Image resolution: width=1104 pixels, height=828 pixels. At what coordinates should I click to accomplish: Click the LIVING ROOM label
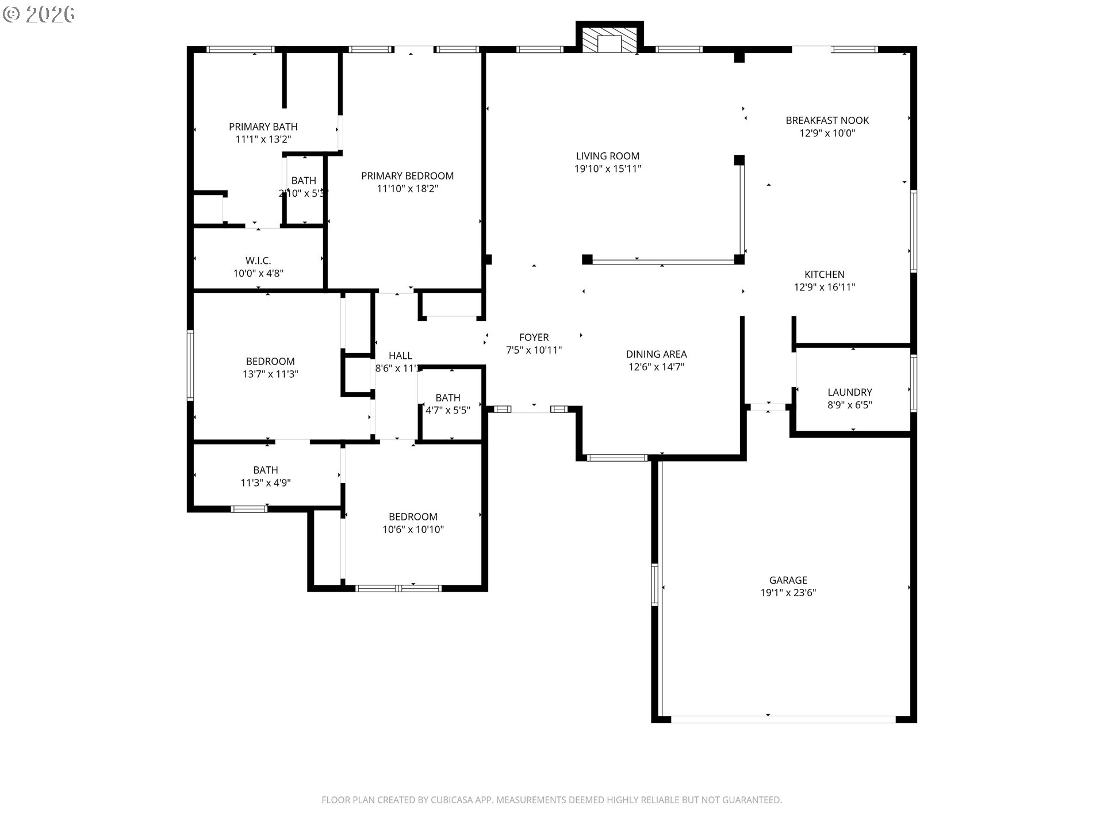tap(607, 156)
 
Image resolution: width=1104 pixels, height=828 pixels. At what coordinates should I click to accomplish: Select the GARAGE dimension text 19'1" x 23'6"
tap(788, 593)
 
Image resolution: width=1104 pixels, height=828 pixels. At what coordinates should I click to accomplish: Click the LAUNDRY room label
tap(849, 392)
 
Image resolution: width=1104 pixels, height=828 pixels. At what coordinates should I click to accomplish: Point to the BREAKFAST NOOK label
tap(827, 120)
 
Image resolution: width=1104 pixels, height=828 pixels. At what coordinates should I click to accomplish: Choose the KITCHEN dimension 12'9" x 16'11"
tap(824, 287)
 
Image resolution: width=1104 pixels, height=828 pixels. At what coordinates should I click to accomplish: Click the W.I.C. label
tap(258, 260)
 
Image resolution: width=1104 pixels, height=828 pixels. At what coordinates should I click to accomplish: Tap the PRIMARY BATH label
tap(263, 126)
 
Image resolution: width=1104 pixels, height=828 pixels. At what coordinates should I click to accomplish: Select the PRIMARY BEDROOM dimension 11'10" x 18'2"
tap(407, 189)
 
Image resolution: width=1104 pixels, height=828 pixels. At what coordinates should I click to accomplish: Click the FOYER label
tap(534, 338)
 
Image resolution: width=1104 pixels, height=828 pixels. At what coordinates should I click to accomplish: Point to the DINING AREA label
tap(656, 354)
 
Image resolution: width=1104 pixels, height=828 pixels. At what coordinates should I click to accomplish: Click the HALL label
tap(400, 355)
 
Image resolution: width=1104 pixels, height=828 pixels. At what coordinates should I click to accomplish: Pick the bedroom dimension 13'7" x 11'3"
tap(270, 374)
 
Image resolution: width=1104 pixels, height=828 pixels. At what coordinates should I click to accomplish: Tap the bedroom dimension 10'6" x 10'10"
tap(413, 530)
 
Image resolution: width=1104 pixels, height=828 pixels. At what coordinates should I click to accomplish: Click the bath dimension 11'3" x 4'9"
tap(265, 483)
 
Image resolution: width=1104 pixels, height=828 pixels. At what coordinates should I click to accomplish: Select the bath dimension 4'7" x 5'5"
tap(447, 411)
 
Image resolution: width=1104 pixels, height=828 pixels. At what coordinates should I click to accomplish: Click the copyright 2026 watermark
tap(39, 14)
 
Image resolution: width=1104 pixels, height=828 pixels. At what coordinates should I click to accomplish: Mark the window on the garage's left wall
tap(654, 584)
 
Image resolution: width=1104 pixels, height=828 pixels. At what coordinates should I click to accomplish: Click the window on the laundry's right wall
tap(914, 384)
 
